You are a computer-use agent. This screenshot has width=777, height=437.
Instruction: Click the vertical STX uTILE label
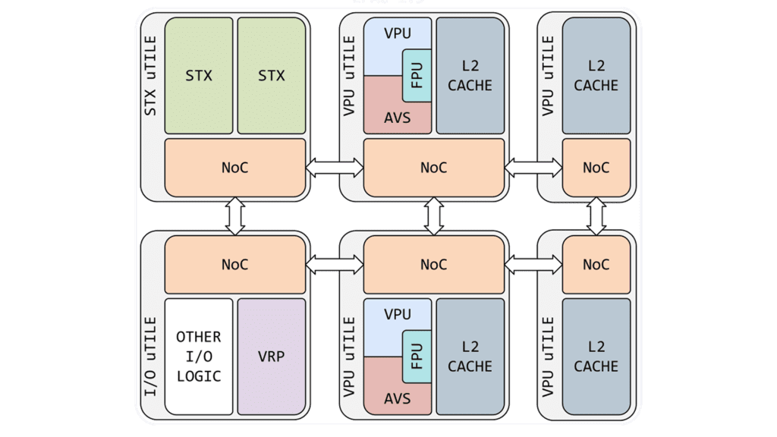(150, 76)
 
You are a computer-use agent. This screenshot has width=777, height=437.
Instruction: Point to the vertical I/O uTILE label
(150, 357)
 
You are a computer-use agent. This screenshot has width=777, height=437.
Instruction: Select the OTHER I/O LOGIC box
(199, 357)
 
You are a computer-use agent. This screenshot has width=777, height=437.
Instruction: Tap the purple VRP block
(272, 357)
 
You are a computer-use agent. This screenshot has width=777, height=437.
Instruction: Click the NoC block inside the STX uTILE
(235, 168)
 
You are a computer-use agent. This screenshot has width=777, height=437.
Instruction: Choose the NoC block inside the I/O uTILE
(235, 265)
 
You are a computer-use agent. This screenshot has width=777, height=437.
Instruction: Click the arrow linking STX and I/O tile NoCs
(235, 216)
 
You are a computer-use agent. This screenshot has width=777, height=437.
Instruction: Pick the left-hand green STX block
(199, 76)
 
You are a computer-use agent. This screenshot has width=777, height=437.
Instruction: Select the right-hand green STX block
(272, 76)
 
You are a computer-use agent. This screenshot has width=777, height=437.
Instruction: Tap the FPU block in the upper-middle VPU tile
(417, 76)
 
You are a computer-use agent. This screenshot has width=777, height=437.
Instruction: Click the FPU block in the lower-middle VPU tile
(417, 357)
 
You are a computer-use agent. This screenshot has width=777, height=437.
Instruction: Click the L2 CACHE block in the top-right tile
(596, 76)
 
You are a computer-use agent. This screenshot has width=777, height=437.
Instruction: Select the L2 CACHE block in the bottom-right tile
(596, 357)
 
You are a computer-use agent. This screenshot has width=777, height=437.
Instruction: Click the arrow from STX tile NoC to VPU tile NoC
(335, 168)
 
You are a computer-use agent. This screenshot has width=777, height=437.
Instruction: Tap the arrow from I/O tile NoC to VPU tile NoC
(335, 265)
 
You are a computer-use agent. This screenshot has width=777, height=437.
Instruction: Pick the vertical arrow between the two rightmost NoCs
(596, 216)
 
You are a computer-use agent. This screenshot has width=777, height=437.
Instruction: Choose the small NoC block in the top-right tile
(596, 168)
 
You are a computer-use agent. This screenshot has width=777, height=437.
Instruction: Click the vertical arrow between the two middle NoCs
(434, 216)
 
